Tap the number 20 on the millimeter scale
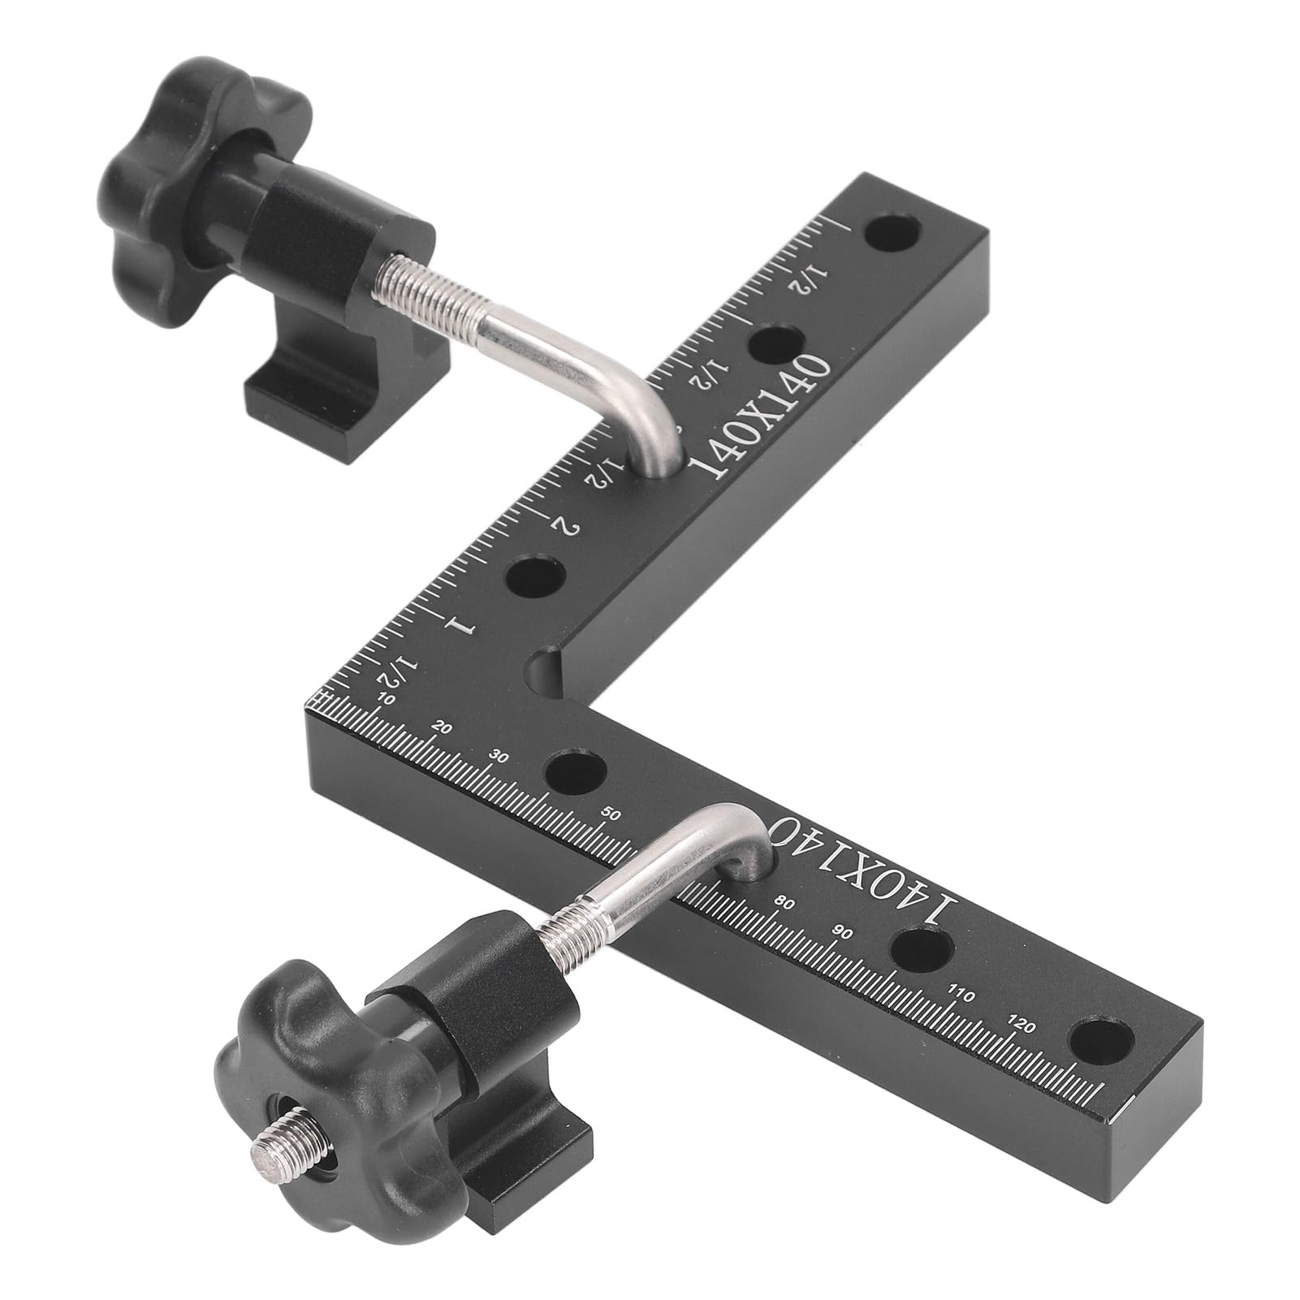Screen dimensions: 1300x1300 (x=443, y=728)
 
